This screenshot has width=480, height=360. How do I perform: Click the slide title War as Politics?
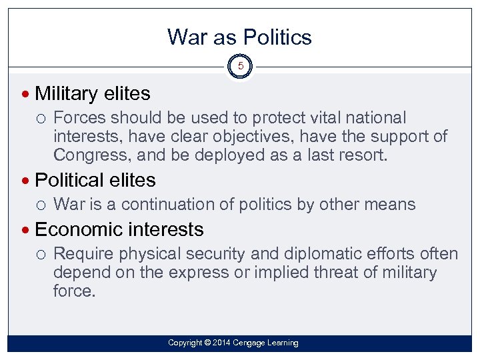pos(239,37)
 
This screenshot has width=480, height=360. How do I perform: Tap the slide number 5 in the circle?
pos(240,67)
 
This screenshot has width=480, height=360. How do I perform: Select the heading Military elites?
pos(92,93)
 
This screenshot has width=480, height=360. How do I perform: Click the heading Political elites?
pos(95,180)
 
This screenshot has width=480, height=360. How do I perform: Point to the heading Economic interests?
pos(119,229)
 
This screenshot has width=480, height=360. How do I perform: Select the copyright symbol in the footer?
pos(207,343)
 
